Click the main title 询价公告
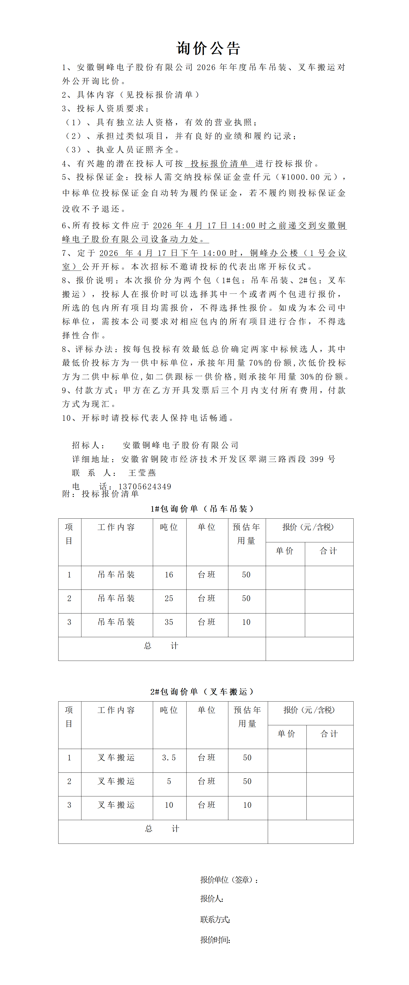(208, 48)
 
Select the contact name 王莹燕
(142, 473)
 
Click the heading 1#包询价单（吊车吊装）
(202, 509)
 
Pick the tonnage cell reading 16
(169, 575)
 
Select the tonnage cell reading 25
(169, 599)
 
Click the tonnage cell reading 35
(169, 622)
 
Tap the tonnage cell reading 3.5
(169, 757)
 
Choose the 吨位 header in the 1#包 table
(169, 527)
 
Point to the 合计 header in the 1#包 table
(328, 551)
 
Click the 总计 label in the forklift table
(162, 829)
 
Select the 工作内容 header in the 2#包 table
(116, 710)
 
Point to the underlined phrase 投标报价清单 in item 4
(219, 164)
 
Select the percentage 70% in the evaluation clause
(256, 363)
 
